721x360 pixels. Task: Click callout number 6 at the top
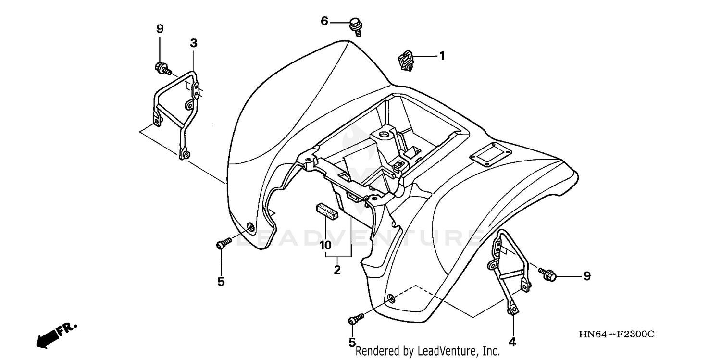(324, 21)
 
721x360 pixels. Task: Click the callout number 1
(441, 56)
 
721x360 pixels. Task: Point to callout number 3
(193, 43)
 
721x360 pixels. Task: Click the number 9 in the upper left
(160, 29)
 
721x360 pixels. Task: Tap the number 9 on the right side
(586, 276)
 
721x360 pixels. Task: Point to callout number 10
(325, 245)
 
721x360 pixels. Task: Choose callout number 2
(337, 270)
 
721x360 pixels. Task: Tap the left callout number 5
(221, 282)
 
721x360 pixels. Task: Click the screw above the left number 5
(223, 244)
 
